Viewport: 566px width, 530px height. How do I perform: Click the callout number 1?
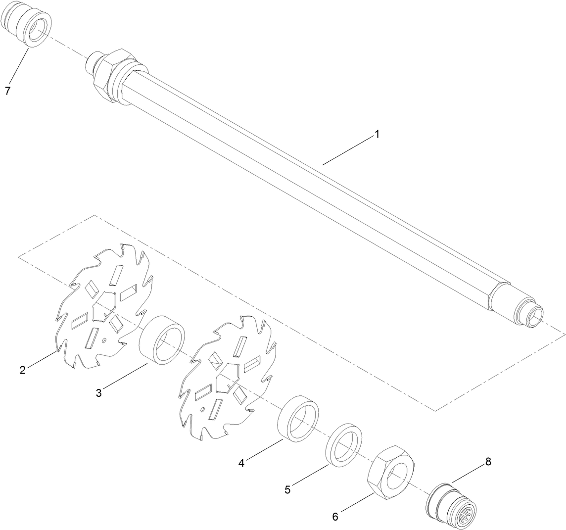[377, 135]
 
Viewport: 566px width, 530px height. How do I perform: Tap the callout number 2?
[23, 370]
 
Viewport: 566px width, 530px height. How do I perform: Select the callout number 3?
[99, 393]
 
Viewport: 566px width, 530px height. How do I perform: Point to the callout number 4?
[241, 463]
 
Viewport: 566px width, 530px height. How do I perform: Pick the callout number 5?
[287, 489]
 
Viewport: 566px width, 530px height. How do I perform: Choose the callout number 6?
[335, 517]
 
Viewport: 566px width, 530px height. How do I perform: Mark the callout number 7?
[7, 91]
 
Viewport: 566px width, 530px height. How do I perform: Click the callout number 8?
[488, 461]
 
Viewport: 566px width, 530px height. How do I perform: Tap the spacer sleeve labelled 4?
[298, 418]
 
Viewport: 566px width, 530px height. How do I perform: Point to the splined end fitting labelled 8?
[451, 504]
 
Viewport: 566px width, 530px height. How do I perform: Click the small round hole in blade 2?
[104, 340]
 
